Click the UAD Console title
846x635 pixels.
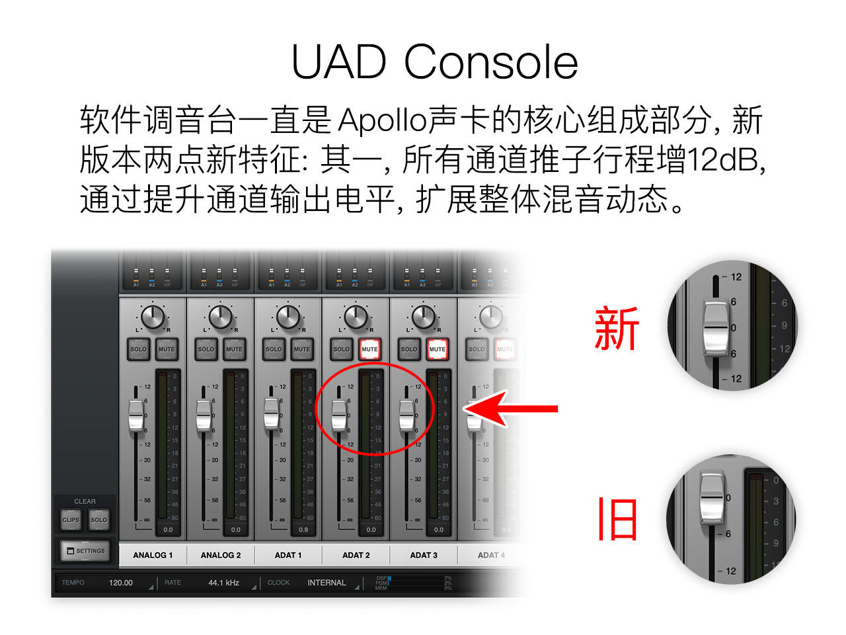[434, 62]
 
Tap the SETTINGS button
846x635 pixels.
[85, 550]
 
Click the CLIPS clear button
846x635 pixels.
[71, 520]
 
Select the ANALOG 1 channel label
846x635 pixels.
[153, 555]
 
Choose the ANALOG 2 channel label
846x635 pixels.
[221, 555]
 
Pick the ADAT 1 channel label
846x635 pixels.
[288, 555]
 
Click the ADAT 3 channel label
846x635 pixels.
[424, 555]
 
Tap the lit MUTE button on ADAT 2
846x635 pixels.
[369, 349]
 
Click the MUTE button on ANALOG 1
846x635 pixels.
[167, 349]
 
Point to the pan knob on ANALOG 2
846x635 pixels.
[221, 317]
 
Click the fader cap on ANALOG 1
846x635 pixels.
[136, 415]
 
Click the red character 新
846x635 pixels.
[617, 329]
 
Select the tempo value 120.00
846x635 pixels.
[121, 583]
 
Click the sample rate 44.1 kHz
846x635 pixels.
[223, 583]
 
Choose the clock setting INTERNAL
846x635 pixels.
[327, 583]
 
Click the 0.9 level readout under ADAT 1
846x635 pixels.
[303, 530]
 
